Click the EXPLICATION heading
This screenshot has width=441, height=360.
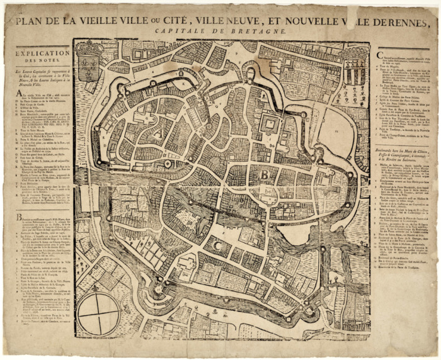pos(39,54)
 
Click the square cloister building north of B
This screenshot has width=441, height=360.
pos(269,123)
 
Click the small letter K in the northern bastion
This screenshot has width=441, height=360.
pos(183,82)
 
